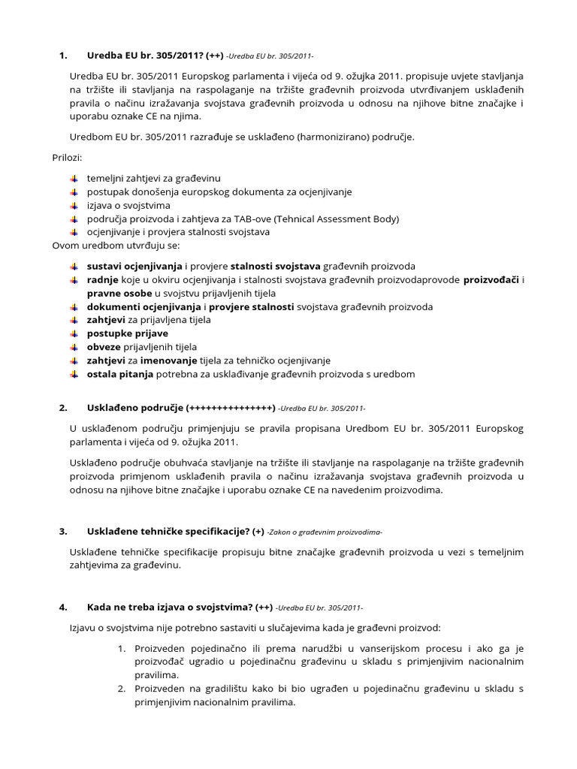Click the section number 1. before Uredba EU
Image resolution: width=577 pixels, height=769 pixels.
pyautogui.click(x=63, y=55)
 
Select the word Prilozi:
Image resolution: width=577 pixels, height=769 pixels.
pyautogui.click(x=67, y=158)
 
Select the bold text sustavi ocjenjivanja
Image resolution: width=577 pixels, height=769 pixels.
pyautogui.click(x=134, y=267)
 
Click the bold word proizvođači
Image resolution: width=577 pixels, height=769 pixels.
pyautogui.click(x=491, y=280)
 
